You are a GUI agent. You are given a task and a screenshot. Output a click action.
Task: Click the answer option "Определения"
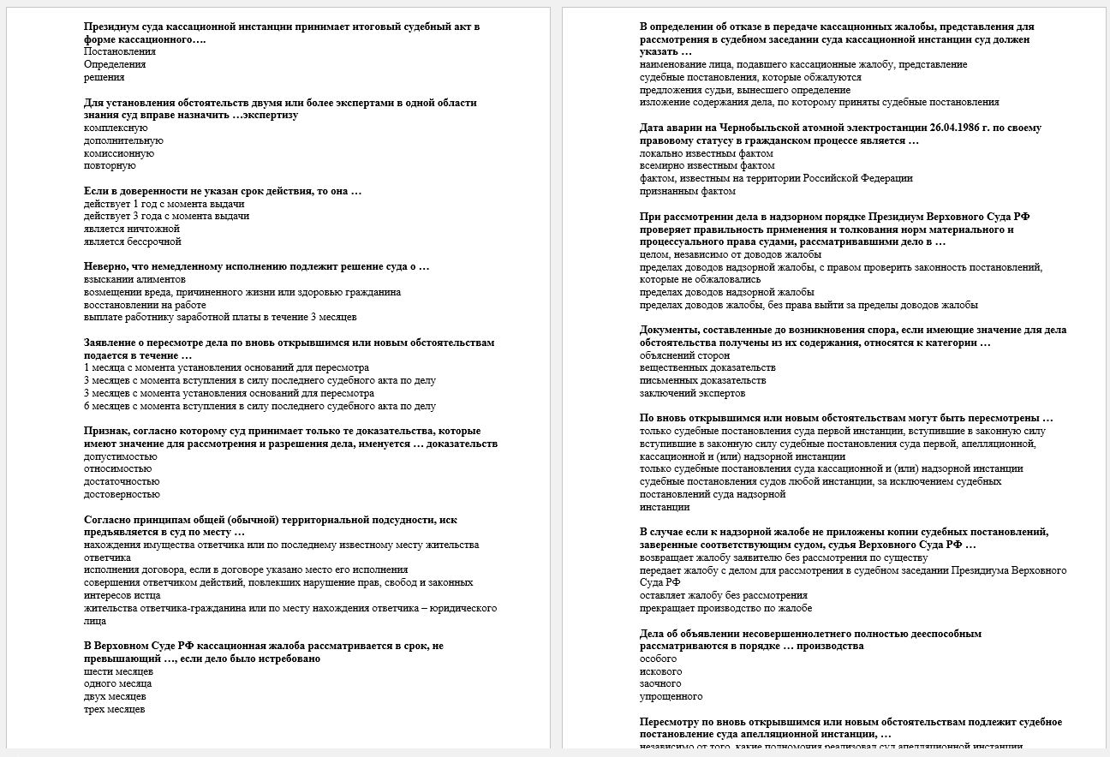coord(115,64)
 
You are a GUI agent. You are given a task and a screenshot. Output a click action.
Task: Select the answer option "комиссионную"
coord(119,153)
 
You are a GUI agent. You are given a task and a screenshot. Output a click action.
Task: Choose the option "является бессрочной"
coord(133,241)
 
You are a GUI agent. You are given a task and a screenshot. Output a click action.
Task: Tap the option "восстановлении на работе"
coord(145,305)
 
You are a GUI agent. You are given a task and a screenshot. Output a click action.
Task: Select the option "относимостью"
coord(118,468)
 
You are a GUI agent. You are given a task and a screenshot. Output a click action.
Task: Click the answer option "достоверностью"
coord(122,494)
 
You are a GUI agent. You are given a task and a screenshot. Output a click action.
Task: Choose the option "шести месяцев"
coord(118,671)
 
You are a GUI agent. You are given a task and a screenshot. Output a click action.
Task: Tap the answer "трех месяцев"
coord(115,709)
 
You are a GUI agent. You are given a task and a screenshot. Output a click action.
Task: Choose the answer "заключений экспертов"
coord(692,393)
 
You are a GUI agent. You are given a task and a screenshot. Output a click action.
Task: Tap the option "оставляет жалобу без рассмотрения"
coord(723,595)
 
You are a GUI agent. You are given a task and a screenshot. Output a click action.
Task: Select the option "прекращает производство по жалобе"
coord(725,608)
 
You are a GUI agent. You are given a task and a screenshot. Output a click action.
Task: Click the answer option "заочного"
coord(660,683)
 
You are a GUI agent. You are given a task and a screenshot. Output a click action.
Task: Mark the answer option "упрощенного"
coord(671,696)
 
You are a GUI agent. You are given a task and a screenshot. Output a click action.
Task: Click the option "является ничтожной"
coord(132,229)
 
